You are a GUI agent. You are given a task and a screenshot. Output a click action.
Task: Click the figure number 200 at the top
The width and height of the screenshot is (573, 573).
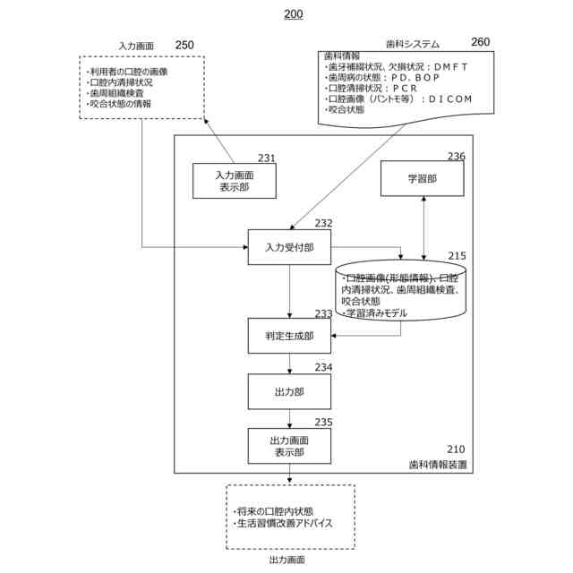pos(293,14)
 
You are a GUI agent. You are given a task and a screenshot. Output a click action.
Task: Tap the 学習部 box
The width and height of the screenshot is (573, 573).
pos(422,179)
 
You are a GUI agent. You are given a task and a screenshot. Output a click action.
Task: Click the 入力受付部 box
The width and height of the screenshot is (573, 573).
pos(289,247)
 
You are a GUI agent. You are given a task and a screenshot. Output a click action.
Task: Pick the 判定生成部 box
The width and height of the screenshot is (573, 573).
pos(289,337)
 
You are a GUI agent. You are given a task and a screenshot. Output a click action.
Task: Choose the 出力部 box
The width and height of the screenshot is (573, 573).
pos(289,391)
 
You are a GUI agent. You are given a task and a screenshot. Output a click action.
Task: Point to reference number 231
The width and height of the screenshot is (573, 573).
pos(267,158)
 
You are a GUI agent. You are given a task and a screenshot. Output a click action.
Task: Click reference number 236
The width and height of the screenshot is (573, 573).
pos(457,157)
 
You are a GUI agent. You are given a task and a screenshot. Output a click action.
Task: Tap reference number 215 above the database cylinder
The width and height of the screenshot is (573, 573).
pos(457,256)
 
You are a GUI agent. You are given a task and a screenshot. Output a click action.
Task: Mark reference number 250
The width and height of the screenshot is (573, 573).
pos(184,44)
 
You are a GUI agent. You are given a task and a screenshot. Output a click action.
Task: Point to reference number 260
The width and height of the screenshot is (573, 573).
pos(481,41)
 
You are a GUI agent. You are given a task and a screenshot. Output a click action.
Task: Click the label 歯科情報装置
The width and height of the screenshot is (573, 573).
pos(439,466)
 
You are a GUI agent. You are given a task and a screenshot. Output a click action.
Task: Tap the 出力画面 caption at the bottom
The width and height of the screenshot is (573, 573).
pos(286,560)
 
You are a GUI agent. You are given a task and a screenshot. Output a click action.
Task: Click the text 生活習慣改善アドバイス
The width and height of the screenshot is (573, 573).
pos(285,521)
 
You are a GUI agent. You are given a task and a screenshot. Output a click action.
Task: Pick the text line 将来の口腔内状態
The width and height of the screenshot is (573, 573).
pos(269,509)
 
